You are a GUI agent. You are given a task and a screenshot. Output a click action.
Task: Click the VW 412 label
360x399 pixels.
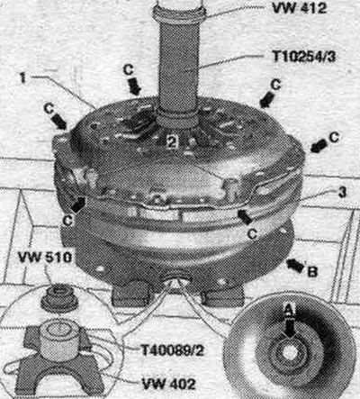pos(299,8)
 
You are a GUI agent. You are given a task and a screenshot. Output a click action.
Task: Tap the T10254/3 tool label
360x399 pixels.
pos(303,56)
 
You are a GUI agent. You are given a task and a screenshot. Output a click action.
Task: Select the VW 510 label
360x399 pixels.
pos(45,258)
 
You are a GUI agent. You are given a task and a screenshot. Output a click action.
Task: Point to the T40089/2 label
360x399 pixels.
pos(173,350)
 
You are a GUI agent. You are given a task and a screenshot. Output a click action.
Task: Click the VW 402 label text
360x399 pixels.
pos(169,384)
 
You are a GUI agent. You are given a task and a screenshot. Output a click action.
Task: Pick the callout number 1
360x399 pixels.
pos(22,78)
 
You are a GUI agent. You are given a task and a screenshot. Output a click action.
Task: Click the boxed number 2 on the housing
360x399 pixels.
pos(172,141)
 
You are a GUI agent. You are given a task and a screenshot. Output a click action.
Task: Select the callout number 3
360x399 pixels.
pos(343,192)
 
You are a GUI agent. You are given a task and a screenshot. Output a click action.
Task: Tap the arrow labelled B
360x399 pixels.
pos(295,266)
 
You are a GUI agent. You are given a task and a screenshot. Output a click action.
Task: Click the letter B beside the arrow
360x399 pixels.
pos(312,272)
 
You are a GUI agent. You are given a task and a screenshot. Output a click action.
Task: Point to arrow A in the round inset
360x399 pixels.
pos(289,328)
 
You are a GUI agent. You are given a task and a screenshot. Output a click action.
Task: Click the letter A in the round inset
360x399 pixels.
pos(289,311)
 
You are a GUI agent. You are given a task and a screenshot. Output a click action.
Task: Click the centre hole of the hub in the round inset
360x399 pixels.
pos(289,352)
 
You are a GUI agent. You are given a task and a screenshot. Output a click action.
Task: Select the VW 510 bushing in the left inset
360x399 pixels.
pos(58,298)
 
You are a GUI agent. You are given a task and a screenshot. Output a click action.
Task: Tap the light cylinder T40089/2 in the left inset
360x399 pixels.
pos(60,338)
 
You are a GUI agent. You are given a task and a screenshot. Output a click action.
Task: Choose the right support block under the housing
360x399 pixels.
pos(222,295)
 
